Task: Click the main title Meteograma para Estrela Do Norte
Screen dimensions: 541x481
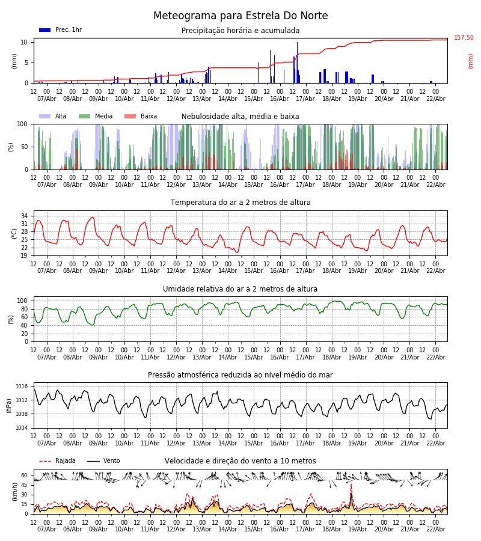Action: [240, 16]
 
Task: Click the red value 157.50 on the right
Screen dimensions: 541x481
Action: [464, 38]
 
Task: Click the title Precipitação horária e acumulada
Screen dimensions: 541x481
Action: [240, 31]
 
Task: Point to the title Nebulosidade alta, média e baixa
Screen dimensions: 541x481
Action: [240, 117]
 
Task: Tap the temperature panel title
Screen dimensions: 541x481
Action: [240, 203]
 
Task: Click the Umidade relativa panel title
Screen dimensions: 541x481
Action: [240, 289]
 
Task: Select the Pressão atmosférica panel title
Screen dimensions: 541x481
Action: [240, 375]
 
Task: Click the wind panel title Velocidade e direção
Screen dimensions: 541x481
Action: [240, 461]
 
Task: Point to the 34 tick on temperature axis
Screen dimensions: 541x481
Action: [25, 216]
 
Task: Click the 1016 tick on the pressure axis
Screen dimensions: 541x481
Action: [22, 387]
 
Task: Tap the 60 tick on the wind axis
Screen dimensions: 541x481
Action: [25, 475]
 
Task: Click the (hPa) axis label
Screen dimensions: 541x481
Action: [10, 405]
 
